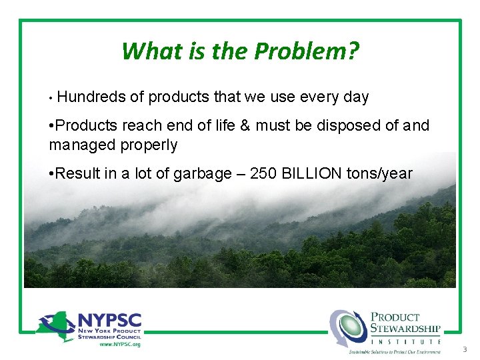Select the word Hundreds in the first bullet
[91, 97]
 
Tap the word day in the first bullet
[355, 97]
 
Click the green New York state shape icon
[55, 325]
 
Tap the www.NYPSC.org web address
[119, 344]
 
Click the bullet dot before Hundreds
[51, 98]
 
